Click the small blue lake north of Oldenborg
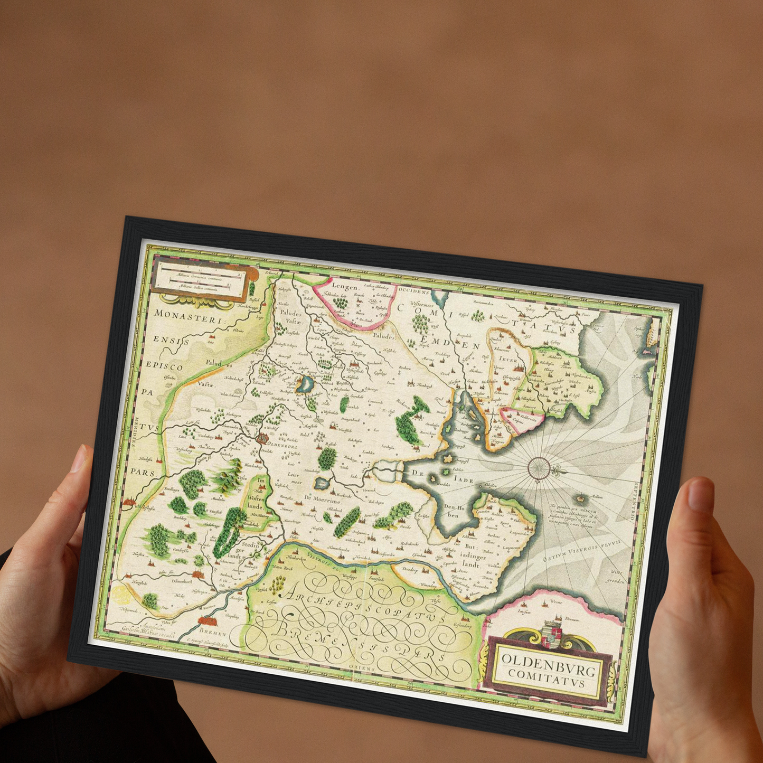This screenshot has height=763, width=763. pos(305,385)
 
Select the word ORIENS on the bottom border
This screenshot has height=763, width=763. pos(362,668)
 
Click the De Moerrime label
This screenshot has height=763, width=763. pos(323,498)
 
